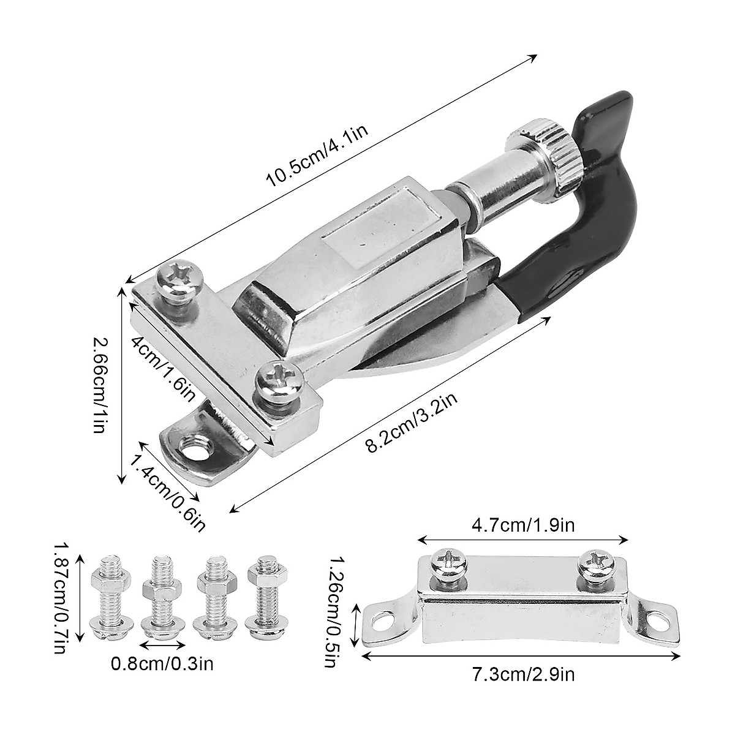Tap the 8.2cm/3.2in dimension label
click(x=412, y=423)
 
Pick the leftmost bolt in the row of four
click(x=107, y=597)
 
